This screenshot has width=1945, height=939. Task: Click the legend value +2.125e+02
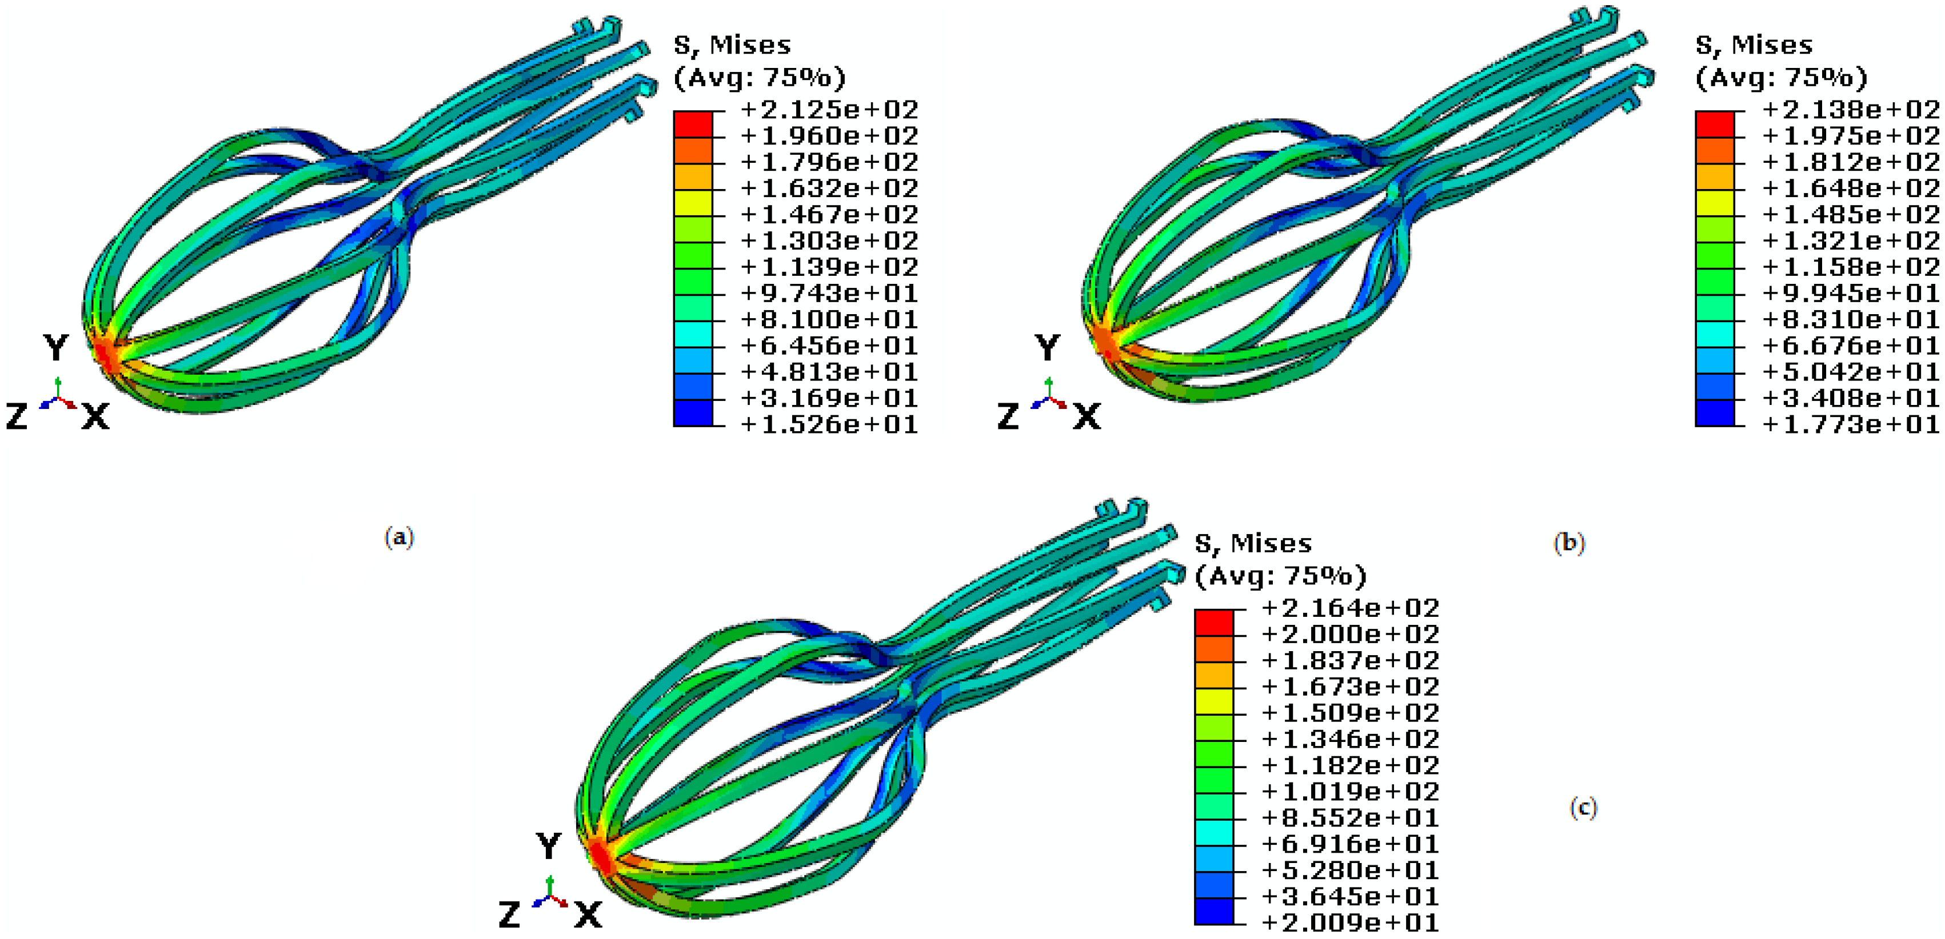click(x=828, y=110)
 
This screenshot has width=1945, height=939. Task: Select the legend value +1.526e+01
click(x=828, y=424)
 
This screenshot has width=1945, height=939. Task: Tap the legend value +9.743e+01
click(x=828, y=293)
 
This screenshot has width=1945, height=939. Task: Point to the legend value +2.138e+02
click(x=1850, y=110)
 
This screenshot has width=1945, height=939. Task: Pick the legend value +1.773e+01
click(x=1850, y=424)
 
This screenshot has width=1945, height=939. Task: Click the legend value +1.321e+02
click(x=1850, y=241)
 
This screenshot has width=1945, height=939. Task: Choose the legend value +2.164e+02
click(x=1349, y=608)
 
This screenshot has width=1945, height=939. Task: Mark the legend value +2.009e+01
click(x=1349, y=922)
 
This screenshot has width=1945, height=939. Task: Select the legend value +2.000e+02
click(x=1349, y=634)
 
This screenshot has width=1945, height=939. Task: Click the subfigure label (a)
click(x=400, y=537)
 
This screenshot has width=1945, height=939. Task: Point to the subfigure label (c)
click(x=1583, y=808)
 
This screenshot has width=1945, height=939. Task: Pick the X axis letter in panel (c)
click(x=588, y=915)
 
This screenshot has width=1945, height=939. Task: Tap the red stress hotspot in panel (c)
click(x=600, y=857)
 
